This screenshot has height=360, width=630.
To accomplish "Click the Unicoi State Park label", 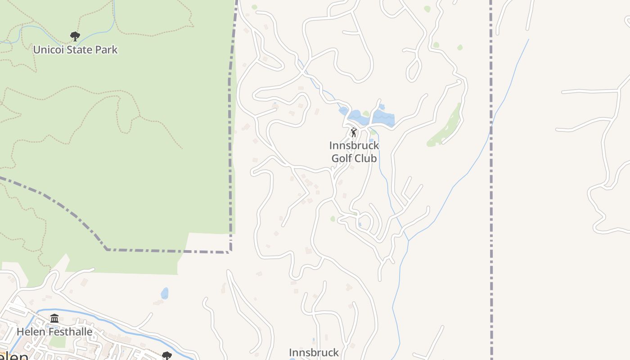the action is (x=75, y=49).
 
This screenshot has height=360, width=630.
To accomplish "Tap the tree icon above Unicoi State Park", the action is (x=75, y=36).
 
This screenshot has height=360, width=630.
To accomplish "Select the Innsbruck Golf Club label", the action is (x=354, y=152).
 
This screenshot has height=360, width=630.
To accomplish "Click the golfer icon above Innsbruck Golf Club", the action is (x=354, y=132).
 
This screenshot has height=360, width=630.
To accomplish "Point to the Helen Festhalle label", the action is (x=54, y=332).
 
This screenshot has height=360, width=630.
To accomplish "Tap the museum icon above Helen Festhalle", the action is (x=54, y=319).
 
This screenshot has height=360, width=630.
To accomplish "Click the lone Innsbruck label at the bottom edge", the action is (x=314, y=352).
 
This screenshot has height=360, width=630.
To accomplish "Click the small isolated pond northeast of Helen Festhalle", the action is (x=165, y=293).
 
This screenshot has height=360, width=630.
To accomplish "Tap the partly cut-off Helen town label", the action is (x=13, y=356).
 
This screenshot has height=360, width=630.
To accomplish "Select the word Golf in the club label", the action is (x=342, y=158).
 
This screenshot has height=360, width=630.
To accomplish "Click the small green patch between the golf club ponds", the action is (x=366, y=114).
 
